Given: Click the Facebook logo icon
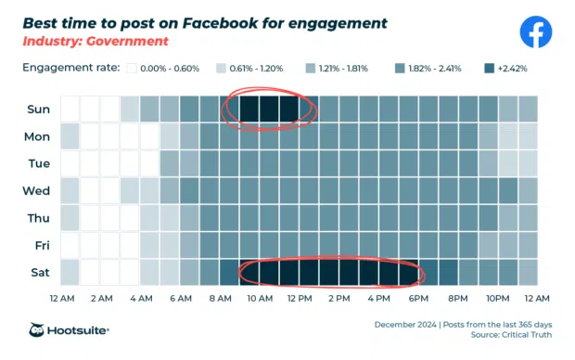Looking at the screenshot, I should click(535, 32).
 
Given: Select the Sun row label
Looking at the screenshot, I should click(38, 109).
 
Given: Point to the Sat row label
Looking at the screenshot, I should click(39, 273).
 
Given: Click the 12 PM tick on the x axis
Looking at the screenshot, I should click(299, 298).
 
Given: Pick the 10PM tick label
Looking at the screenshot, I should click(497, 298).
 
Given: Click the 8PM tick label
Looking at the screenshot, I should click(458, 298).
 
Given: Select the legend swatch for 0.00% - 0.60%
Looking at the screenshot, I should click(133, 69).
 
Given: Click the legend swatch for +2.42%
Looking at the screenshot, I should click(490, 69).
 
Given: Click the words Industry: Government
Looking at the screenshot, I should click(96, 42).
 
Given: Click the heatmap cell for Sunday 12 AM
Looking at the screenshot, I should click(70, 109).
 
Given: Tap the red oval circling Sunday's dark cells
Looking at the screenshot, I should click(227, 109).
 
